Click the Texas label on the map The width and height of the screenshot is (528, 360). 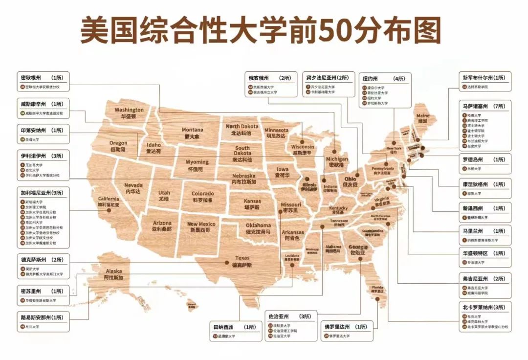(242, 261)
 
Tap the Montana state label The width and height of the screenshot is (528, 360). (192, 133)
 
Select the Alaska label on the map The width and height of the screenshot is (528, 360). (113, 274)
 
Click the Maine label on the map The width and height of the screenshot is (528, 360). (423, 118)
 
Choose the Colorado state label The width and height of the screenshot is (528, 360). (202, 197)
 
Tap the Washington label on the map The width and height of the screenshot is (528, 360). (129, 113)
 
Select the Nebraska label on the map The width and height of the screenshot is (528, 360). (243, 179)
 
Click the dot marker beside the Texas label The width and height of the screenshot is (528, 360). (227, 263)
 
